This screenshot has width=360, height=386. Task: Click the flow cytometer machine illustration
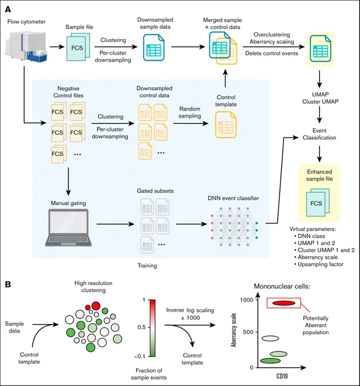click(27, 47)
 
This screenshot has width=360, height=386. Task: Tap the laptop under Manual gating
click(69, 228)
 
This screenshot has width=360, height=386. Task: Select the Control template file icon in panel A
click(226, 124)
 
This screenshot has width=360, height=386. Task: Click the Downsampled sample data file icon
click(154, 48)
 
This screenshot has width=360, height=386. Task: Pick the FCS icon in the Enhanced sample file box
click(317, 203)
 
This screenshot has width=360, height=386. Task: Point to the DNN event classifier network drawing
click(234, 226)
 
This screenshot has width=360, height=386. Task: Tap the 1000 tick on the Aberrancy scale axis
click(247, 300)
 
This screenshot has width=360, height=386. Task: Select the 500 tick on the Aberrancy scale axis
click(248, 332)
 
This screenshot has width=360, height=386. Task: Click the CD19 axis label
click(282, 376)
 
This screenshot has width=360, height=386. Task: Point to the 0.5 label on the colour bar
click(142, 327)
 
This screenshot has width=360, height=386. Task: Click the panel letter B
click(8, 284)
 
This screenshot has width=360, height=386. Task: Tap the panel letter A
click(8, 9)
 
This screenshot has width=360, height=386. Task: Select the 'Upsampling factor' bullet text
click(320, 265)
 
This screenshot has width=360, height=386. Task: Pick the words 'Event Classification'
click(319, 134)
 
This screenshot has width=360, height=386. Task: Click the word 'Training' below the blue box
click(147, 266)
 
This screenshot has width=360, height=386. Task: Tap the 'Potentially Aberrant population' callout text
click(315, 325)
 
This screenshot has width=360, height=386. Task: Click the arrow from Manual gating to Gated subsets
click(115, 224)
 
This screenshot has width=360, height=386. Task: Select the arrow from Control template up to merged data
click(225, 78)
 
